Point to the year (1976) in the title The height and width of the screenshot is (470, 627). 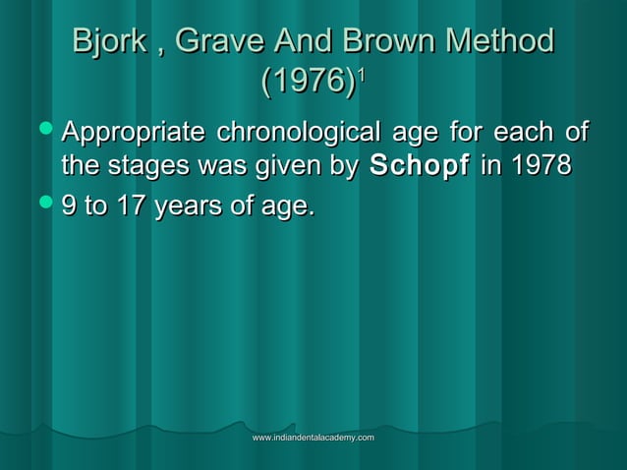point(308,82)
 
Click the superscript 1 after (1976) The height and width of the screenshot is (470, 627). point(363,73)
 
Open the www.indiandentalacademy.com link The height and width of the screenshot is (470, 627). point(313,437)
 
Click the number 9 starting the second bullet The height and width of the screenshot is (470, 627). point(69,206)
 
